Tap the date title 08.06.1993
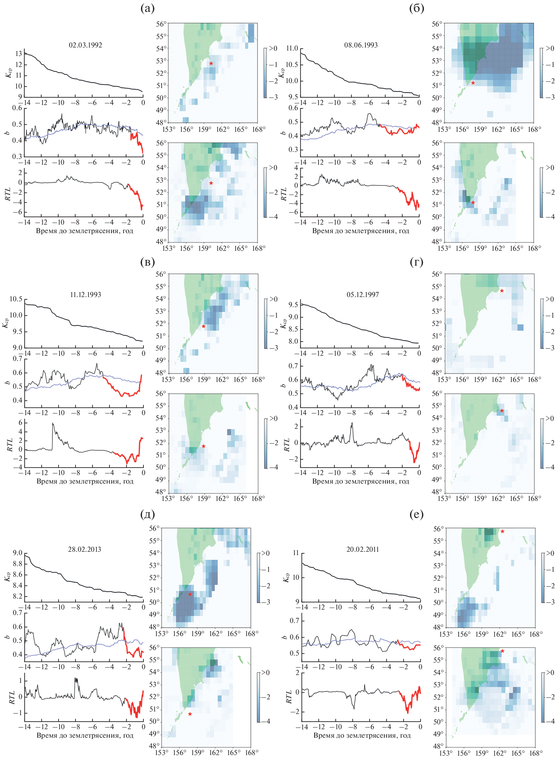tap(361, 45)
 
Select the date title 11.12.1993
tap(86, 295)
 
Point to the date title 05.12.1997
tap(363, 295)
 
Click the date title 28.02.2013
tap(84, 549)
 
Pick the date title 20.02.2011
tap(363, 549)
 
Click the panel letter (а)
tap(147, 9)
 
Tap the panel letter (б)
tap(416, 9)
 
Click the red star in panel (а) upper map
tap(211, 64)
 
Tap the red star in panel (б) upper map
tap(473, 83)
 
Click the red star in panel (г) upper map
tap(502, 291)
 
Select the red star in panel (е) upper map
tap(502, 531)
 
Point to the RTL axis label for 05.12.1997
tap(286, 444)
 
